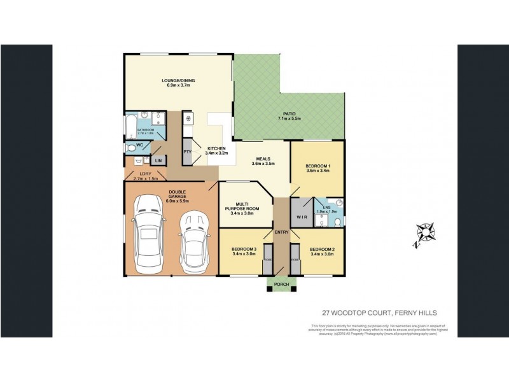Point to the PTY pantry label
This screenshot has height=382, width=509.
pyautogui.click(x=188, y=152)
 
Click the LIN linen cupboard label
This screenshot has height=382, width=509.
pyautogui.click(x=157, y=161)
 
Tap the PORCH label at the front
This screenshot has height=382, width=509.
pyautogui.click(x=281, y=284)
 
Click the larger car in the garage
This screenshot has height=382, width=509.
pyautogui.click(x=149, y=232)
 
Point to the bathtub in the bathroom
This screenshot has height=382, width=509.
pyautogui.click(x=132, y=127)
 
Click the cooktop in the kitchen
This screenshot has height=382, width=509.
pyautogui.click(x=188, y=118)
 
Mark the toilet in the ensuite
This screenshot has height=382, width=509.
pyautogui.click(x=337, y=204)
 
